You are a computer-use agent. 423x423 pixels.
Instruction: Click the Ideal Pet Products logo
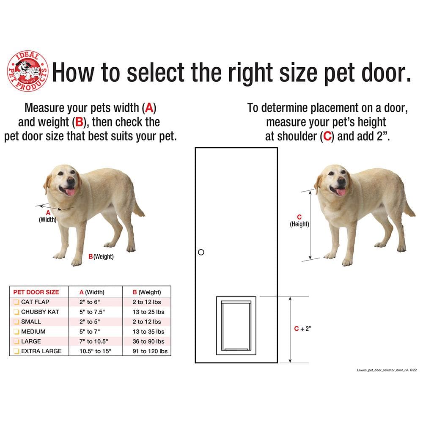(x=27, y=71)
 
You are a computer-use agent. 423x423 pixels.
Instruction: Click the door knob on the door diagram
(x=201, y=252)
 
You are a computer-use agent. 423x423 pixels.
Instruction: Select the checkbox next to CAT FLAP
(x=16, y=302)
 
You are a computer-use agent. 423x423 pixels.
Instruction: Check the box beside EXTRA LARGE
(x=16, y=351)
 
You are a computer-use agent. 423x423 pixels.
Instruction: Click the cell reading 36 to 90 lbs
(x=148, y=341)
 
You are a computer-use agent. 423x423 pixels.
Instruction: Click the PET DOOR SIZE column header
(x=36, y=292)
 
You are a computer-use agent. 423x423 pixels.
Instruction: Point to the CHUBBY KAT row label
(x=40, y=312)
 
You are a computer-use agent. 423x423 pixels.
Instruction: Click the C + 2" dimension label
(x=302, y=329)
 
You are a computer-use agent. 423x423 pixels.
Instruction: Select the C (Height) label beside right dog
(x=299, y=221)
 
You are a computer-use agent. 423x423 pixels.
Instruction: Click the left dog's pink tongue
(x=70, y=192)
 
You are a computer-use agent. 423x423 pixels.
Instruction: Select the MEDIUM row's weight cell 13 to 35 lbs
(x=148, y=332)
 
